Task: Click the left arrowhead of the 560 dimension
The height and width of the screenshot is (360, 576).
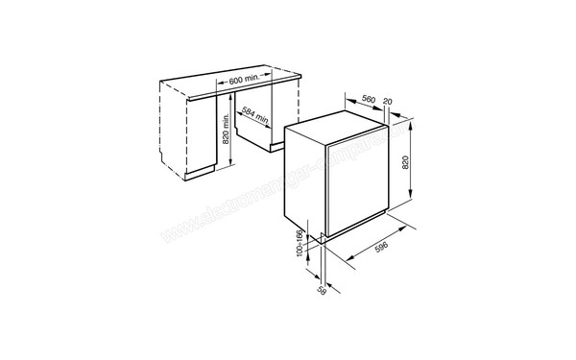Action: click(345, 107)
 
